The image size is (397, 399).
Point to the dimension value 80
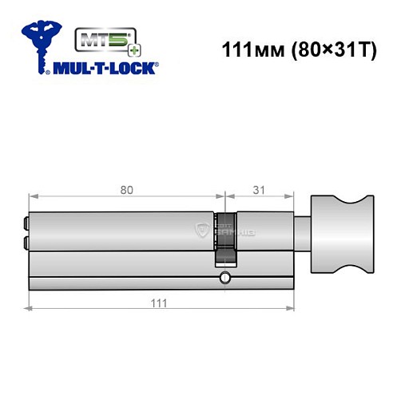click(127, 190)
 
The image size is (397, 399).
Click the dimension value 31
click(257, 190)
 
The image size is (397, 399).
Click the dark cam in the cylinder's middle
click(226, 239)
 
